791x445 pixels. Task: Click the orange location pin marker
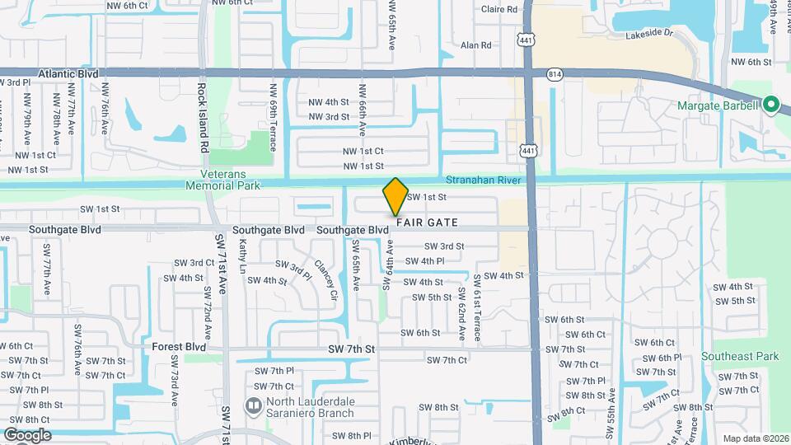point(395,196)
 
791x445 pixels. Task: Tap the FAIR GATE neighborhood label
point(427,222)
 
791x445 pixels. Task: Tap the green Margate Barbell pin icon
point(771,105)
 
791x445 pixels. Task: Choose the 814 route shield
point(554,74)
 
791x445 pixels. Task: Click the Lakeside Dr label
point(649,35)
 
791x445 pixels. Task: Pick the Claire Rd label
point(499,10)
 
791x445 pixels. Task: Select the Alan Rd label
point(476,45)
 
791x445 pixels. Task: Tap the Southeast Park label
point(740,357)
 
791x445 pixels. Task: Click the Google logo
point(27,434)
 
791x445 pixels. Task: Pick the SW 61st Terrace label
point(475,304)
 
